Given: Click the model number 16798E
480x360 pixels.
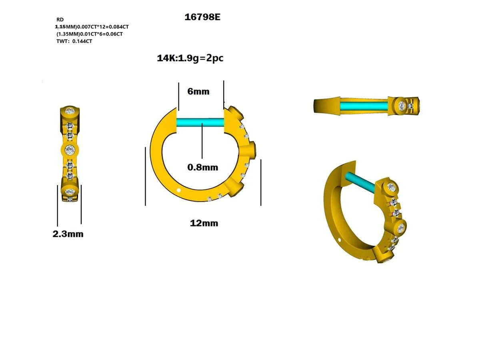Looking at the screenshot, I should (202, 17).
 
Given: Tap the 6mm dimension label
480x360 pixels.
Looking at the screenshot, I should (198, 91).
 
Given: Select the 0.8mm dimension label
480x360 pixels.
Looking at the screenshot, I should (203, 167).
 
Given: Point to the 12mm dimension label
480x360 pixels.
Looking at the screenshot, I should (204, 223).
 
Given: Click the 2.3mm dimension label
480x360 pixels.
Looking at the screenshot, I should (68, 234).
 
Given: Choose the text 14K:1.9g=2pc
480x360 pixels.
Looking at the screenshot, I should (190, 58).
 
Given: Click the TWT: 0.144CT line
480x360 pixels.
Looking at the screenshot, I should (74, 41).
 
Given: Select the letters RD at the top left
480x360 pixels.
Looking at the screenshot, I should (60, 19).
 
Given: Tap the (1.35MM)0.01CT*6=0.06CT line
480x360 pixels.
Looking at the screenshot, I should (90, 34).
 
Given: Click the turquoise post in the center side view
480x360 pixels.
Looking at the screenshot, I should (200, 123).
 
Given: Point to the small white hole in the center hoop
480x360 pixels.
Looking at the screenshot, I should (179, 190).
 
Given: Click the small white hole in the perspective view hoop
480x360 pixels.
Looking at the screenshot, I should (340, 240).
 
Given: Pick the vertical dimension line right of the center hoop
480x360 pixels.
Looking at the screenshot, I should (261, 182).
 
